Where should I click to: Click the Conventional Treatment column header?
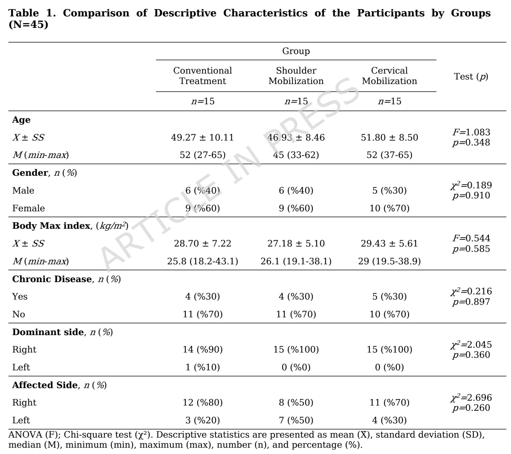[203, 76]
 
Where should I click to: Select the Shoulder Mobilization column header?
[296, 76]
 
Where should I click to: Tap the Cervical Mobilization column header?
[389, 76]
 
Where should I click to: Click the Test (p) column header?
[471, 76]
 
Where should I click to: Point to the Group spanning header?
[296, 51]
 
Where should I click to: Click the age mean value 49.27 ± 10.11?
[203, 137]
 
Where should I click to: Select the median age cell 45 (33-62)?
[296, 155]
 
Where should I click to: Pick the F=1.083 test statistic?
[471, 132]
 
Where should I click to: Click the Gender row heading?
[44, 173]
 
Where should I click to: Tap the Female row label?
[29, 208]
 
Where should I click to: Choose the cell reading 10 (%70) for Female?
[389, 208]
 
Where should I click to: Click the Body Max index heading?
[70, 226]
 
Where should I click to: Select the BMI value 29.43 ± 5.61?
[389, 243]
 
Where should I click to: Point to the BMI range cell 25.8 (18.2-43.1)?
[203, 261]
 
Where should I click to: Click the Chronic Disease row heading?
[66, 279]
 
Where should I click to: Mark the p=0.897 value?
[471, 302]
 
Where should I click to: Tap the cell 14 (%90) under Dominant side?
[203, 349]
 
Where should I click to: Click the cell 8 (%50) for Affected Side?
[296, 402]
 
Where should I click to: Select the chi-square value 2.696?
[471, 398]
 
